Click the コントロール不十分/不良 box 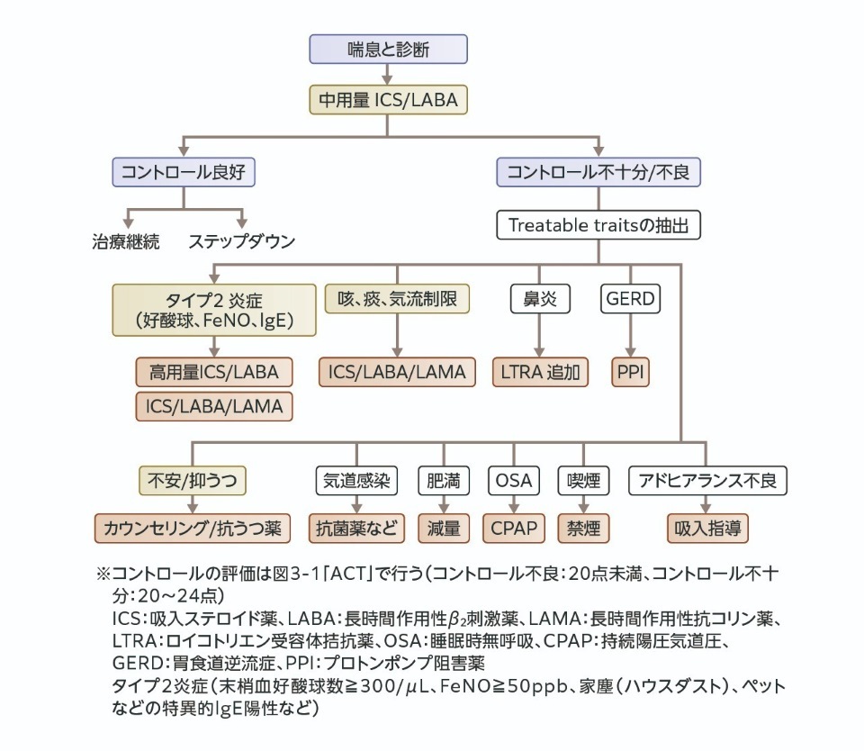coord(598,171)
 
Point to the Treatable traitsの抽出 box coord(598,224)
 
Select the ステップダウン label coord(241,240)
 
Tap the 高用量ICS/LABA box coord(213,371)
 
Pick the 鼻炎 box coord(540,299)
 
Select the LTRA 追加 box coord(540,371)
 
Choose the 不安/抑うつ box coord(191,480)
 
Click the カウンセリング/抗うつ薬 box coord(191,528)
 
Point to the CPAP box coord(513,528)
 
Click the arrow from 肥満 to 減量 coord(443,504)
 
